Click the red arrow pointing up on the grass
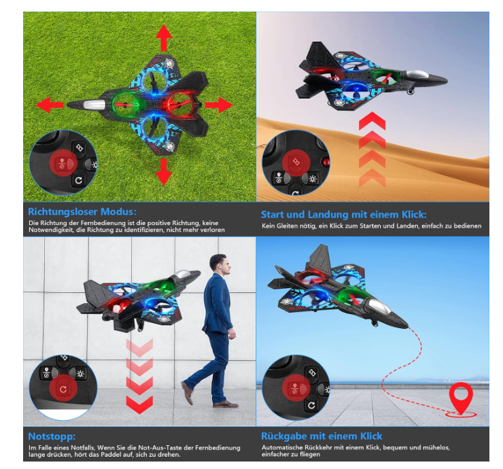[164, 38]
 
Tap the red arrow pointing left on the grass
[50, 105]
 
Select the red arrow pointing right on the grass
[219, 105]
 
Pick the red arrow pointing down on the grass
[164, 172]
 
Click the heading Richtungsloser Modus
[82, 211]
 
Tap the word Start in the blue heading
[273, 214]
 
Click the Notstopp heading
[52, 436]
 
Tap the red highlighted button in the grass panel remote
[63, 163]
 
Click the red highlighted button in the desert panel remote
[296, 162]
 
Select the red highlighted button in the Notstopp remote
[63, 389]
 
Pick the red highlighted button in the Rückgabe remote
[296, 388]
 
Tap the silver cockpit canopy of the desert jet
[417, 75]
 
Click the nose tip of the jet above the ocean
[407, 326]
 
